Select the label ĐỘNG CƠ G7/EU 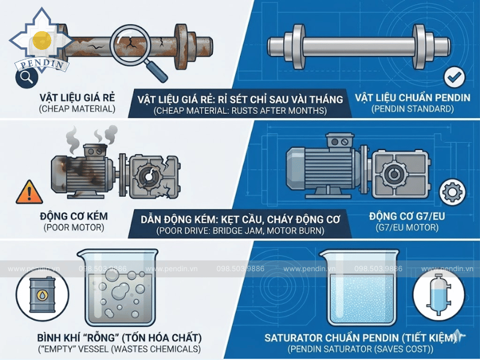407,217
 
